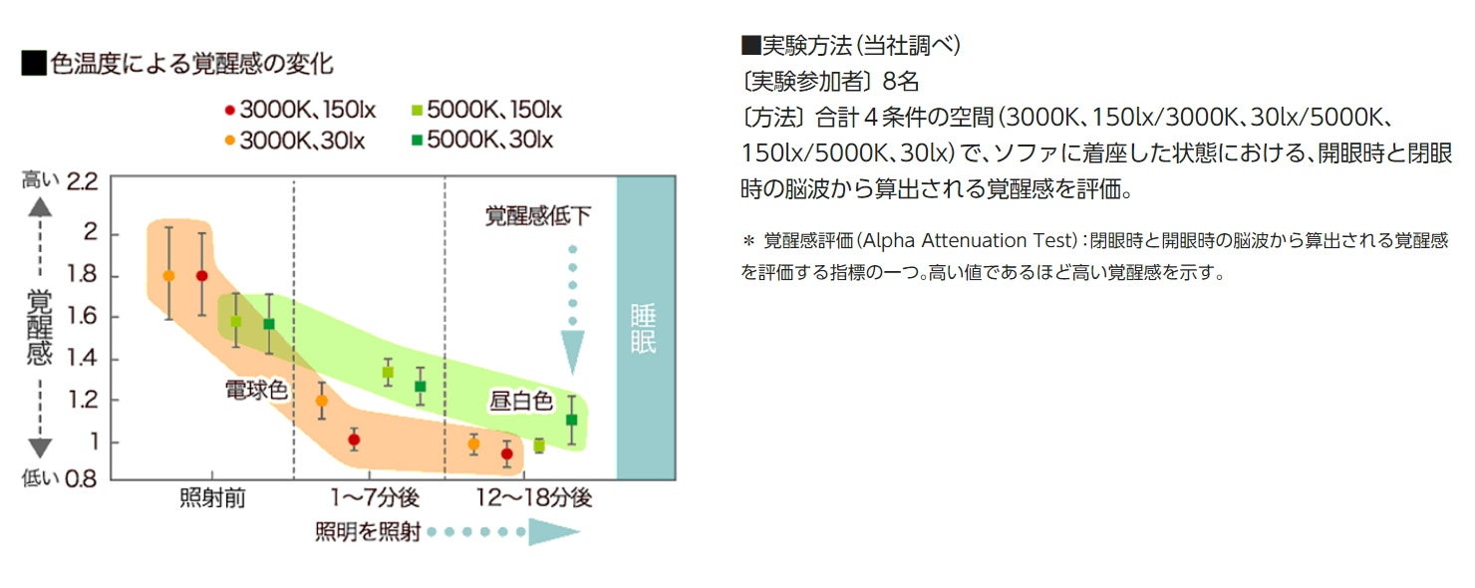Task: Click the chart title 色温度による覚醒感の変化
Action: pyautogui.click(x=177, y=65)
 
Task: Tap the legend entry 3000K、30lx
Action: pyautogui.click(x=294, y=141)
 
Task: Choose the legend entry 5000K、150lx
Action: pyautogui.click(x=487, y=110)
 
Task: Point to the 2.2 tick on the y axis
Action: pyautogui.click(x=82, y=182)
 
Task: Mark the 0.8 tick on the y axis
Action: pyautogui.click(x=82, y=478)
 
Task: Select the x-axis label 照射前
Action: pyautogui.click(x=212, y=497)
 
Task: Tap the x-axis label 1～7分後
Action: pyautogui.click(x=376, y=497)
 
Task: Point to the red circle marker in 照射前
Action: pyautogui.click(x=201, y=276)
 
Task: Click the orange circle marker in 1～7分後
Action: pyautogui.click(x=321, y=401)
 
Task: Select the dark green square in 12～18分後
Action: pyautogui.click(x=571, y=420)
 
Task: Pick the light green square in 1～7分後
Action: pyautogui.click(x=388, y=372)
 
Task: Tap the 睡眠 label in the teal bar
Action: pyautogui.click(x=644, y=330)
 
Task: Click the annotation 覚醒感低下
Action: pyautogui.click(x=538, y=215)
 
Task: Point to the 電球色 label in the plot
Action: pyautogui.click(x=256, y=390)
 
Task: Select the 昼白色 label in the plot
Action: pyautogui.click(x=520, y=401)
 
